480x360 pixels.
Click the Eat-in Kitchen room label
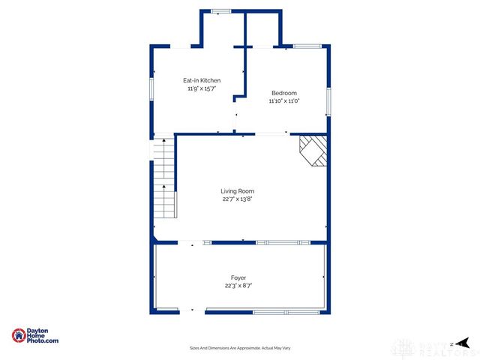tap(202, 80)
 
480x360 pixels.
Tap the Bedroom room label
tap(284, 93)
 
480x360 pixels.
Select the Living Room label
tap(237, 191)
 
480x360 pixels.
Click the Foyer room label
tap(238, 277)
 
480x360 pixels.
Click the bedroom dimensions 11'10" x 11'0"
tap(284, 101)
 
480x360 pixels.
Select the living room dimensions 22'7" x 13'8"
tap(237, 199)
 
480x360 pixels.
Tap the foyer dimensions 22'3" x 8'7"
tap(238, 286)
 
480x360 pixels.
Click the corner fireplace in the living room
tap(313, 151)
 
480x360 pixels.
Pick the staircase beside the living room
tap(164, 180)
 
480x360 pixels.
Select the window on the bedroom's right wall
tap(328, 100)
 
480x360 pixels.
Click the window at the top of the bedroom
tap(307, 46)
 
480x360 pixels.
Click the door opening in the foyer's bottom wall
tap(192, 312)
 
